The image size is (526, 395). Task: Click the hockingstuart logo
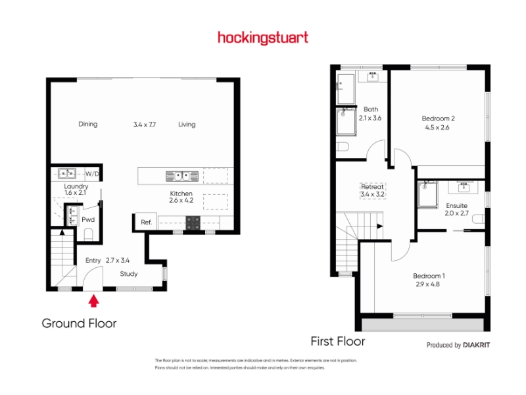pyautogui.click(x=263, y=38)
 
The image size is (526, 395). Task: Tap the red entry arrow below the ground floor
pyautogui.click(x=93, y=301)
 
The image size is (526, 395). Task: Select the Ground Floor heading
pyautogui.click(x=79, y=323)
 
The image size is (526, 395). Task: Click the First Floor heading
pyautogui.click(x=338, y=341)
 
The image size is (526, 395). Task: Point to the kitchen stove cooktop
pyautogui.click(x=193, y=223)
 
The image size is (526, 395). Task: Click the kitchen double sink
pyautogui.click(x=182, y=176)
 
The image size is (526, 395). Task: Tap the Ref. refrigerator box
pyautogui.click(x=146, y=222)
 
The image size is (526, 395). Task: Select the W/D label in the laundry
pyautogui.click(x=92, y=174)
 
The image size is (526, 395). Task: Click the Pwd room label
pyautogui.click(x=88, y=220)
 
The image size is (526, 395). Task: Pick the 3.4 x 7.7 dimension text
pyautogui.click(x=145, y=124)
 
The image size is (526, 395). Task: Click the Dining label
pyautogui.click(x=88, y=124)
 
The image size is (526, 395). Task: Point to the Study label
pyautogui.click(x=129, y=274)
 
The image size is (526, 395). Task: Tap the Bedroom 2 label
pyautogui.click(x=438, y=118)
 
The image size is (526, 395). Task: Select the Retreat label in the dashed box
pyautogui.click(x=372, y=186)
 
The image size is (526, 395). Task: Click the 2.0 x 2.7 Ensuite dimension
pyautogui.click(x=456, y=213)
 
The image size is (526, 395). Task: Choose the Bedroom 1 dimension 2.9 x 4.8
pyautogui.click(x=428, y=284)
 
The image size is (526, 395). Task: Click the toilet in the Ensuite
pyautogui.click(x=479, y=219)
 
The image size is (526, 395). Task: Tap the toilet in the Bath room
pyautogui.click(x=343, y=147)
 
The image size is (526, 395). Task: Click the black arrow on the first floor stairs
pyautogui.click(x=380, y=226)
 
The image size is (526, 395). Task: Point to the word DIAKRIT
pyautogui.click(x=476, y=345)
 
